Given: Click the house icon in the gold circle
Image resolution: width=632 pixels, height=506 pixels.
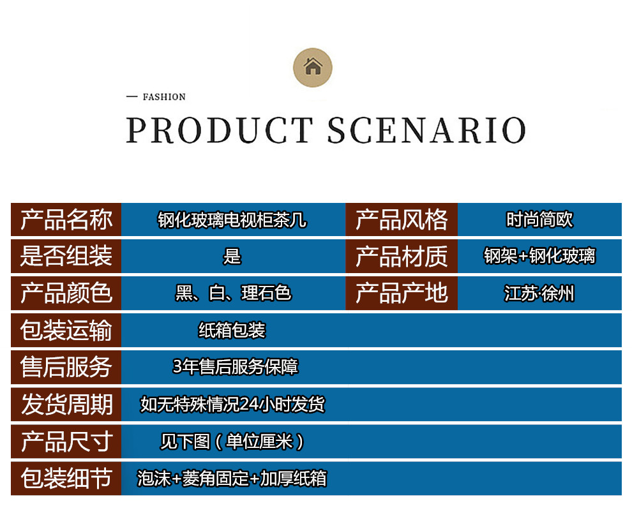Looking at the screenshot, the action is coord(313,66).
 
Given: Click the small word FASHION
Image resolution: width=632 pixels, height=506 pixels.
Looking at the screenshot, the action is coord(164,97).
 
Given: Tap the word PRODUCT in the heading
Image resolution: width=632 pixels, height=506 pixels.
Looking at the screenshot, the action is coord(220,130).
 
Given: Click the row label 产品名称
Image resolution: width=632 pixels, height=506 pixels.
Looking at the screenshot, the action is coord(66,220).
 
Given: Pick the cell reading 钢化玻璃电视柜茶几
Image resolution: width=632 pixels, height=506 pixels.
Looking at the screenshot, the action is coord(232,220).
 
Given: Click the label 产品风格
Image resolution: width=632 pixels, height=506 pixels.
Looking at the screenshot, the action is coord(402,220).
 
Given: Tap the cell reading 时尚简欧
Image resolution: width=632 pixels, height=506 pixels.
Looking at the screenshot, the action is coord(539,220).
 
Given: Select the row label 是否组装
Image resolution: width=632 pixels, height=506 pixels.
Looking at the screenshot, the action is coord(66,256).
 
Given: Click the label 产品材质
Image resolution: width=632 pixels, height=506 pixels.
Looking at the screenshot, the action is coord(402,257).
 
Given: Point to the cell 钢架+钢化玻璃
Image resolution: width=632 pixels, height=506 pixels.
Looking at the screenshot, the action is coord(539,256).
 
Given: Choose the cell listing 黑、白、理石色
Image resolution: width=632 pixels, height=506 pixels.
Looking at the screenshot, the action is coord(233,293).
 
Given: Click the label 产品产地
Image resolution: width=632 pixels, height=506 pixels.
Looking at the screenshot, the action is coord(402,293).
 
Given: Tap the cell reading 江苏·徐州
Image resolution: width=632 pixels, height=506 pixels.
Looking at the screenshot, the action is coord(539,293).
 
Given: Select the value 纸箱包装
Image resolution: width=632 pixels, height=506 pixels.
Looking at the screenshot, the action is coord(232,331).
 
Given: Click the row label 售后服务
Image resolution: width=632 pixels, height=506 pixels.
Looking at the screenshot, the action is coord(66,367).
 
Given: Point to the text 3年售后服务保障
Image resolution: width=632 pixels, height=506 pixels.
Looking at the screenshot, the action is coord(236,367).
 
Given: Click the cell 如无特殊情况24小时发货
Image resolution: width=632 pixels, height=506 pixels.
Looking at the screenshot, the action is coord(232,405).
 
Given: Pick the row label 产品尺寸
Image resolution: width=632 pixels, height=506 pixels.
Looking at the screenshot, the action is coord(66,442).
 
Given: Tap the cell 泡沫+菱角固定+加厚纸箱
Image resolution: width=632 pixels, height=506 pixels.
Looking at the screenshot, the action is coord(232,479).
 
